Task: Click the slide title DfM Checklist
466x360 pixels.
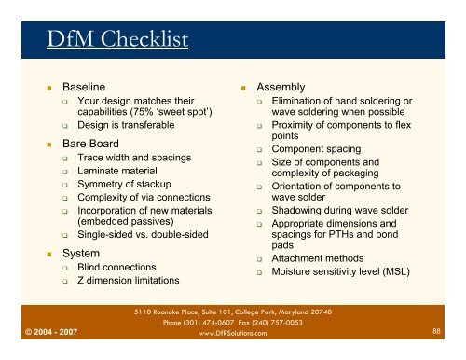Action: click(118, 38)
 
